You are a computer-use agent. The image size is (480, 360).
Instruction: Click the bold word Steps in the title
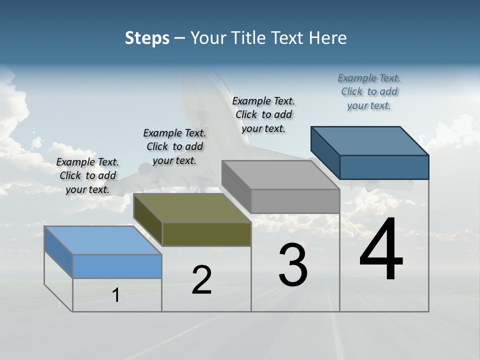147,38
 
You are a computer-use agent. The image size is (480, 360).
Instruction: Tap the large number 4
381,250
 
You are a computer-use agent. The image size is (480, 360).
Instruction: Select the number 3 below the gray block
293,265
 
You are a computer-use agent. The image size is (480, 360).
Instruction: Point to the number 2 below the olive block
201,280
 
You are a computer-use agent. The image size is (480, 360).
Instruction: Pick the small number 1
115,295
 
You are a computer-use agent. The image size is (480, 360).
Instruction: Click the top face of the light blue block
103,240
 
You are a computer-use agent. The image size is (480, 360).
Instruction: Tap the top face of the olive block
192,208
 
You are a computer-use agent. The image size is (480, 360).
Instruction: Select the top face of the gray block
280,175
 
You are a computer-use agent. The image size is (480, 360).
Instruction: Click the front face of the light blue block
117,266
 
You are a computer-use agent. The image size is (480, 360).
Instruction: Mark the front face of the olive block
206,234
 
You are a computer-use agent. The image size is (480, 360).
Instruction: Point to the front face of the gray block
295,201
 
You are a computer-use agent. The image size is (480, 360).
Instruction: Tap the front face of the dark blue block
384,167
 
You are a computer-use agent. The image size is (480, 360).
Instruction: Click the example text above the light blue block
87,175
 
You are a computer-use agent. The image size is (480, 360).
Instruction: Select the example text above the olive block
174,146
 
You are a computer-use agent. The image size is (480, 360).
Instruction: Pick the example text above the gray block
263,114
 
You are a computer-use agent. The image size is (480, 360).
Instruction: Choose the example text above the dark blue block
369,91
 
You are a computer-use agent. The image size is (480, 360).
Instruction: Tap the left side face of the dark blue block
325,152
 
